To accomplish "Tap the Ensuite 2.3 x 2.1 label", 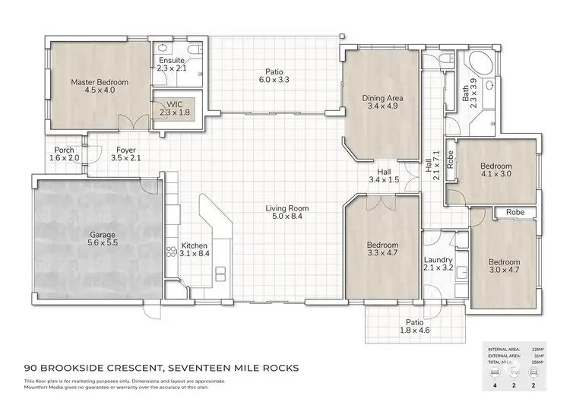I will coord(171,63).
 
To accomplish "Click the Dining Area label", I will coord(383,103).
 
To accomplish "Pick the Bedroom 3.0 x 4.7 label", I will coord(504,266).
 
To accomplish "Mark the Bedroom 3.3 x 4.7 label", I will coord(383,250).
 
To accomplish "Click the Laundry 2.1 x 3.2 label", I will coord(437,264).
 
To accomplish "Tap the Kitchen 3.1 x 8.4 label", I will coord(195,250).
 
